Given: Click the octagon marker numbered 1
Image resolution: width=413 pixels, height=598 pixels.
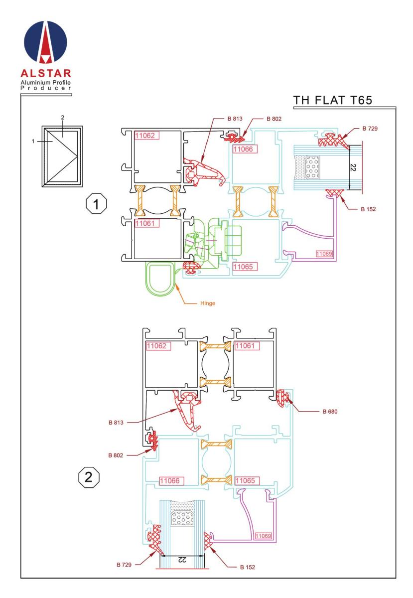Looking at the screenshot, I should click(x=94, y=204).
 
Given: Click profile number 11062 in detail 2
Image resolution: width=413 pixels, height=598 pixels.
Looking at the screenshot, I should click(x=157, y=345).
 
